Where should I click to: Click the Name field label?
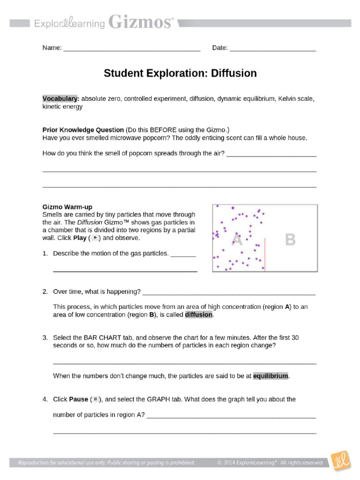point(52,48)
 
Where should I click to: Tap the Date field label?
point(220,48)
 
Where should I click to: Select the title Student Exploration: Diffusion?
point(180,74)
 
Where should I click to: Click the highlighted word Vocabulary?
point(61,99)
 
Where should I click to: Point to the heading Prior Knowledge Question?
point(83,130)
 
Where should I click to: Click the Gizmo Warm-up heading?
point(67,207)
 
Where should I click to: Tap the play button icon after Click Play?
point(95,238)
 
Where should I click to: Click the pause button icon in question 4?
point(95,399)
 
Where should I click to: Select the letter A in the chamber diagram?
point(237,240)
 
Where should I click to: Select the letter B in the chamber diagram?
point(291,240)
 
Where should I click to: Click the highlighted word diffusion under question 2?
point(199,315)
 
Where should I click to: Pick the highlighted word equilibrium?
point(271,376)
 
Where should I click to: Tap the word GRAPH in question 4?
point(160,399)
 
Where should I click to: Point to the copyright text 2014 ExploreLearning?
point(270,463)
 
